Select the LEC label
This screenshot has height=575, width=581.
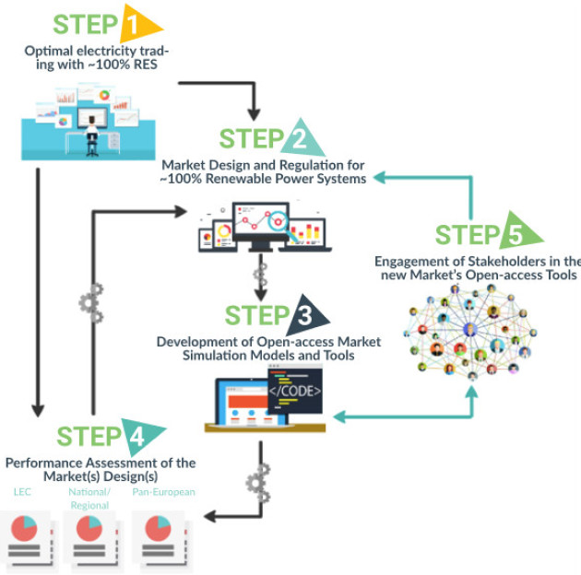coord(22,492)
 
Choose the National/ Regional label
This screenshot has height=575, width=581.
coord(89,499)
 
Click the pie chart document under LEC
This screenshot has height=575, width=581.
coord(30,538)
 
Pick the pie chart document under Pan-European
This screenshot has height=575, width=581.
coord(163,538)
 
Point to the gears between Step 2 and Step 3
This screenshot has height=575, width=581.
coord(260,273)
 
